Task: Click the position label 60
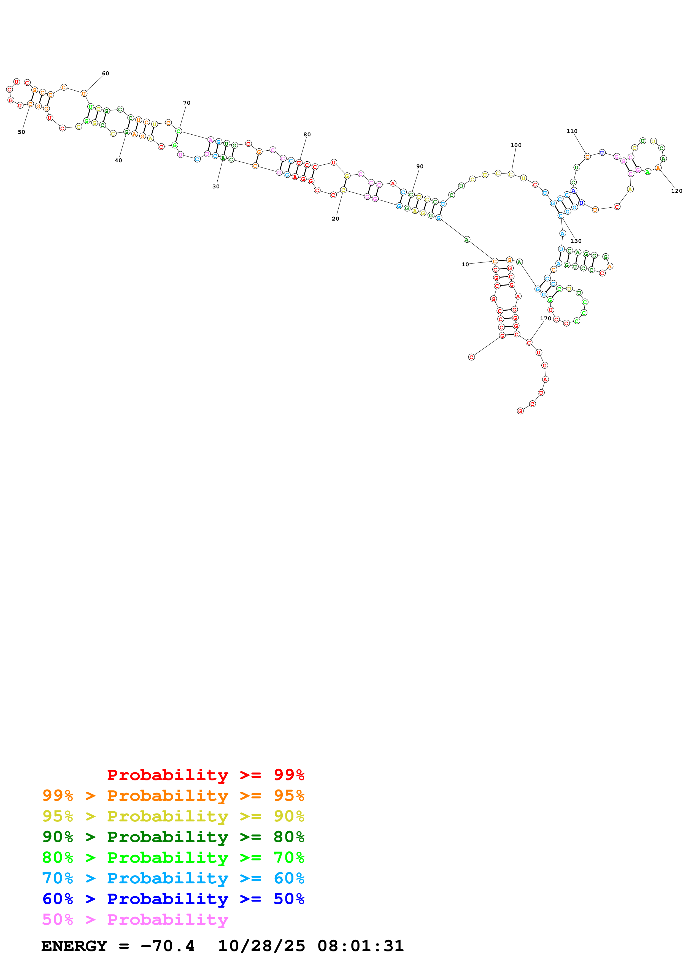(105, 74)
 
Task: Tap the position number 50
(21, 132)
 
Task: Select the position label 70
(187, 103)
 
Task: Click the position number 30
(216, 187)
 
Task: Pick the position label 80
(307, 135)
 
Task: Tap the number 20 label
(335, 219)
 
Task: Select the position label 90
(420, 167)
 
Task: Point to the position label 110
(572, 131)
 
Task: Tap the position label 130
(576, 241)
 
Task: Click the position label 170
(546, 319)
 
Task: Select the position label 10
(465, 265)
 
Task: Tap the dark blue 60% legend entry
(173, 899)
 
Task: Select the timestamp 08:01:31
(361, 946)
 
